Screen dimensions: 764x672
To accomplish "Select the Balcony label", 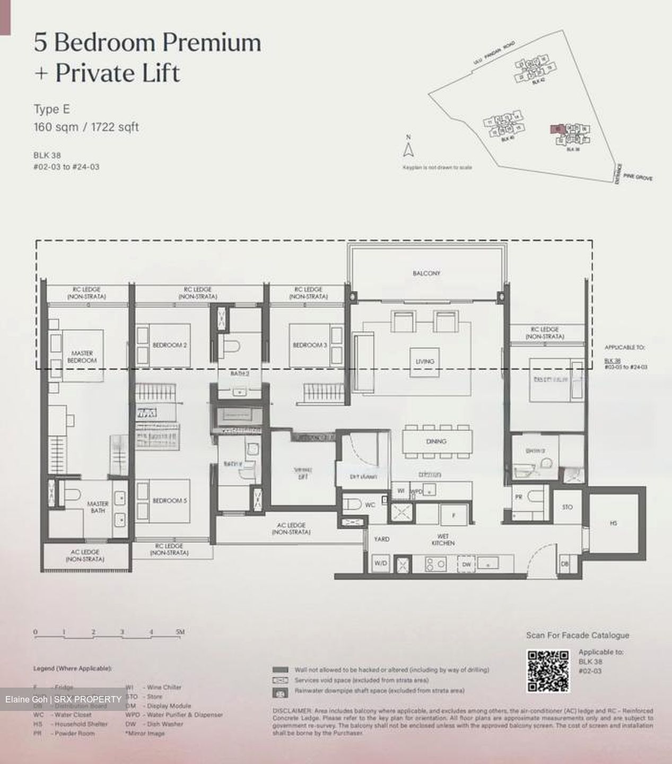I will pos(426,273).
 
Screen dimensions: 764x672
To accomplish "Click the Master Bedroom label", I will pos(82,357).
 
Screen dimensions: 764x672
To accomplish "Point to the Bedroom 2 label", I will pos(169,345).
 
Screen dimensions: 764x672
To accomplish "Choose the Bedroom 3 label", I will pos(310,345).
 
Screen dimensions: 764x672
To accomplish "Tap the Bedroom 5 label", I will pos(169,501).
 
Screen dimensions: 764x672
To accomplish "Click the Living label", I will pos(424,361).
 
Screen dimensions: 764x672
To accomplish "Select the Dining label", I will pos(435,441).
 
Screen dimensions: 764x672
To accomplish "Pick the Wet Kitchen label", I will pos(442,540).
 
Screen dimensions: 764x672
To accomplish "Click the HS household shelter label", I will pos(613,523).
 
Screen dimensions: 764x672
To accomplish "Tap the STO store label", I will pos(567,508).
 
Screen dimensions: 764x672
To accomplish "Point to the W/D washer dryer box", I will pos(380,563).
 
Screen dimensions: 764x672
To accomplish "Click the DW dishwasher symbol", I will pos(466,565).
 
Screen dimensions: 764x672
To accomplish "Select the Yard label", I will pos(381,539).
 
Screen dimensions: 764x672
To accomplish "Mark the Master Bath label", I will pos(98,507).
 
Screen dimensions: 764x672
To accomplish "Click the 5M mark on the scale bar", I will pos(180,632).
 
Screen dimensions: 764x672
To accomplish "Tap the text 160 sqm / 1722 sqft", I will pos(86,127).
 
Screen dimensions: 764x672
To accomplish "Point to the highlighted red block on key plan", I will pos(555,128).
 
